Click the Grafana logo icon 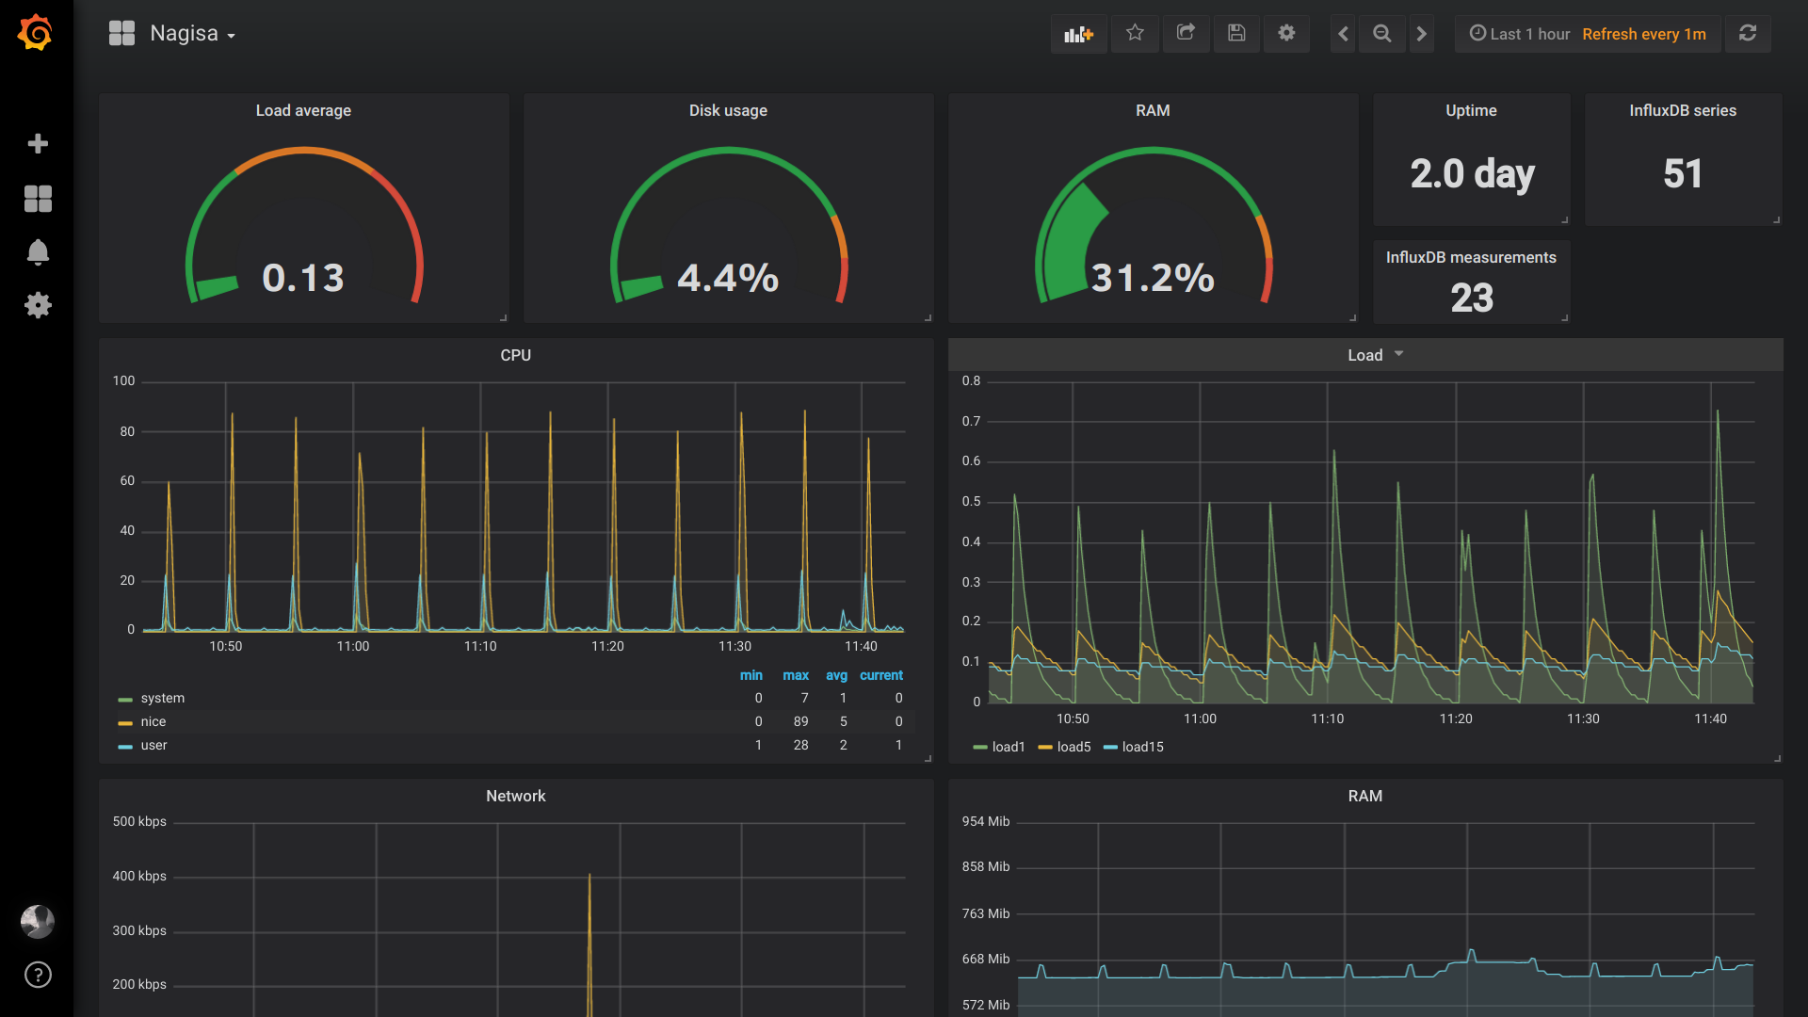(x=36, y=33)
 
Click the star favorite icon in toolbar (x=1135, y=33)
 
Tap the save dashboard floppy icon (x=1236, y=33)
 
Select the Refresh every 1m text (x=1643, y=34)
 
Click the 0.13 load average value (x=303, y=278)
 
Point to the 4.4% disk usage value (x=728, y=278)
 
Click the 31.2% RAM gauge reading (x=1153, y=278)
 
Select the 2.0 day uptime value (x=1472, y=173)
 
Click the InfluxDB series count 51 (x=1683, y=173)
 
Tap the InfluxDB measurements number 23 (x=1472, y=299)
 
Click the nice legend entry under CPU (x=153, y=721)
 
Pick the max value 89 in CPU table (x=800, y=721)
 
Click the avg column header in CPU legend (x=836, y=675)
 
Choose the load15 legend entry (x=1142, y=747)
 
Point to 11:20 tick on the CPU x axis (x=607, y=646)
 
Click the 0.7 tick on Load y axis (x=971, y=421)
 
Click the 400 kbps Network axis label (x=139, y=876)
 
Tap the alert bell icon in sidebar (x=38, y=252)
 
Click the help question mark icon (x=38, y=975)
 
